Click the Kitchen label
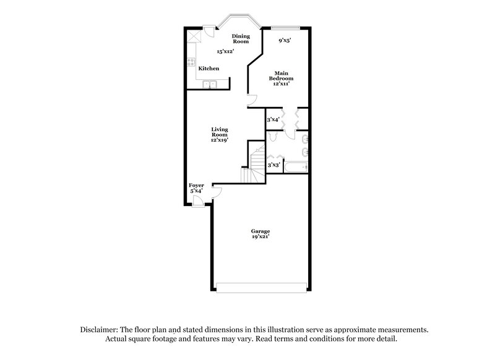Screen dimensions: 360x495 [209, 68]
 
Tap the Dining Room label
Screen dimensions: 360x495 [240, 39]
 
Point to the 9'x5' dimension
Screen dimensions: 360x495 [285, 40]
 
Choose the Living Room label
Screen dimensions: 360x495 [220, 134]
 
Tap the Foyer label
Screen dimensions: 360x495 [196, 187]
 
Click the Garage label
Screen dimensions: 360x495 [259, 233]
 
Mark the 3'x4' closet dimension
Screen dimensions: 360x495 [273, 119]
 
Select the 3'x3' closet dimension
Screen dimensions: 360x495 [273, 165]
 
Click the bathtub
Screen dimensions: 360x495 [296, 166]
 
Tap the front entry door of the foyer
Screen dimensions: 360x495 [197, 203]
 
